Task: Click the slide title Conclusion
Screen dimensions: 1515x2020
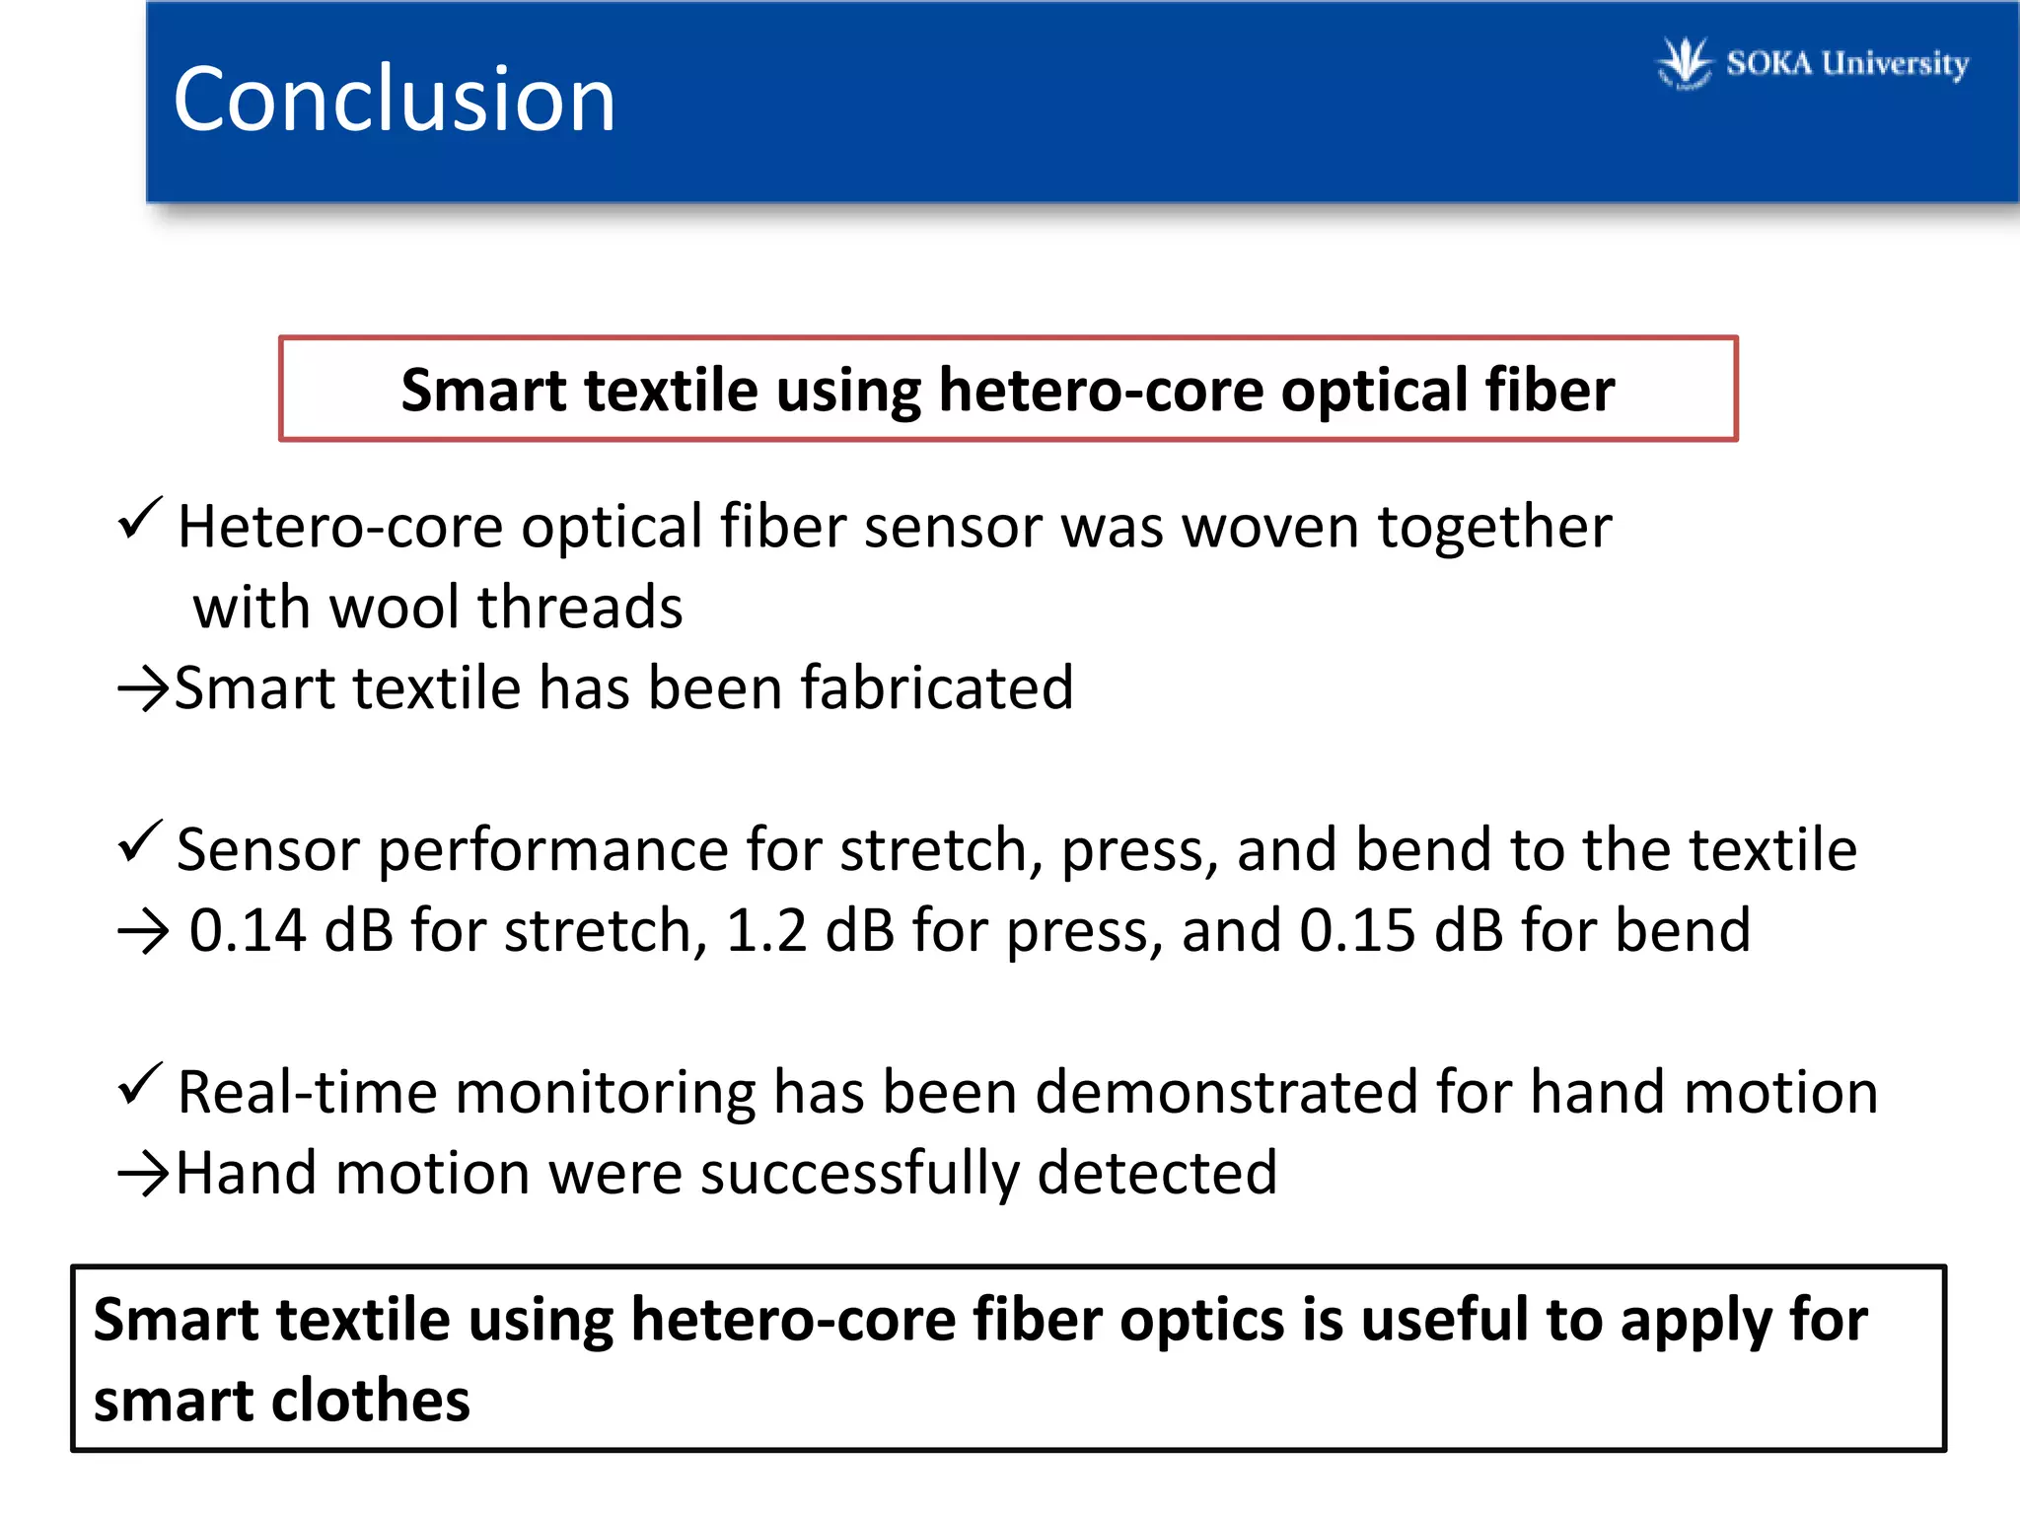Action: coord(394,99)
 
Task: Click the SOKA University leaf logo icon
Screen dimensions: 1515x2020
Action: coord(1684,62)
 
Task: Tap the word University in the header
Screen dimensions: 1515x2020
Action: coord(1895,64)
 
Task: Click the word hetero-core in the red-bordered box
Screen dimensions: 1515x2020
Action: coord(1101,391)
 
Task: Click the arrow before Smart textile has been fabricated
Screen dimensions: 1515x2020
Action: coord(143,688)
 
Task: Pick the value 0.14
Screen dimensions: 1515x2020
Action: coord(248,930)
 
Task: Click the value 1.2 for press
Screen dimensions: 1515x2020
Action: coord(766,930)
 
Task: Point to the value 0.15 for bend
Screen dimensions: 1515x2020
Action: coord(1357,930)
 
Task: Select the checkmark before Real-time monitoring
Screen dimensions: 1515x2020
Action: coord(139,1084)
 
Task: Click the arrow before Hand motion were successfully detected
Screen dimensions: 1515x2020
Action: coord(143,1174)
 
